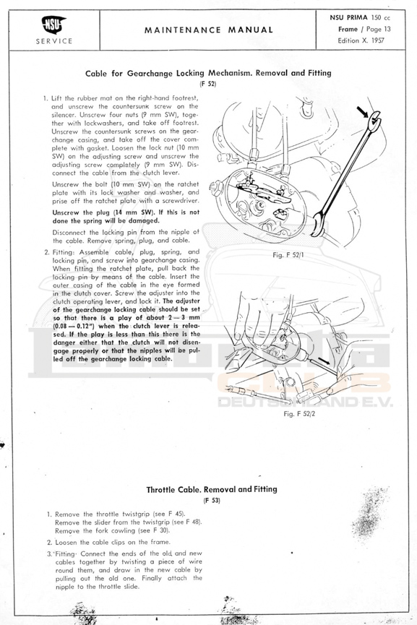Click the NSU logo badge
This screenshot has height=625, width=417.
tap(53, 25)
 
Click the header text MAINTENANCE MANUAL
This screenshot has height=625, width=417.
tap(208, 30)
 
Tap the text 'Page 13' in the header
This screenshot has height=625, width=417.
tap(378, 29)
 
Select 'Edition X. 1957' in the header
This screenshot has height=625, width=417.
tap(361, 40)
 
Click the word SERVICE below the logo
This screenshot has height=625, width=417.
tap(53, 41)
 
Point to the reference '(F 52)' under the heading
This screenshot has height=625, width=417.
tap(207, 84)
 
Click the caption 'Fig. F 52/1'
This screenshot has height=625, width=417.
tap(288, 255)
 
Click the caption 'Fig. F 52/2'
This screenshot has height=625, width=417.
tap(299, 414)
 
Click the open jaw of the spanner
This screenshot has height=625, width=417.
tap(374, 121)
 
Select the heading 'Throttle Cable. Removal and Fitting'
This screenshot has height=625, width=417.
tap(211, 489)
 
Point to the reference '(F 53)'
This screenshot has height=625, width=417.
tap(212, 501)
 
